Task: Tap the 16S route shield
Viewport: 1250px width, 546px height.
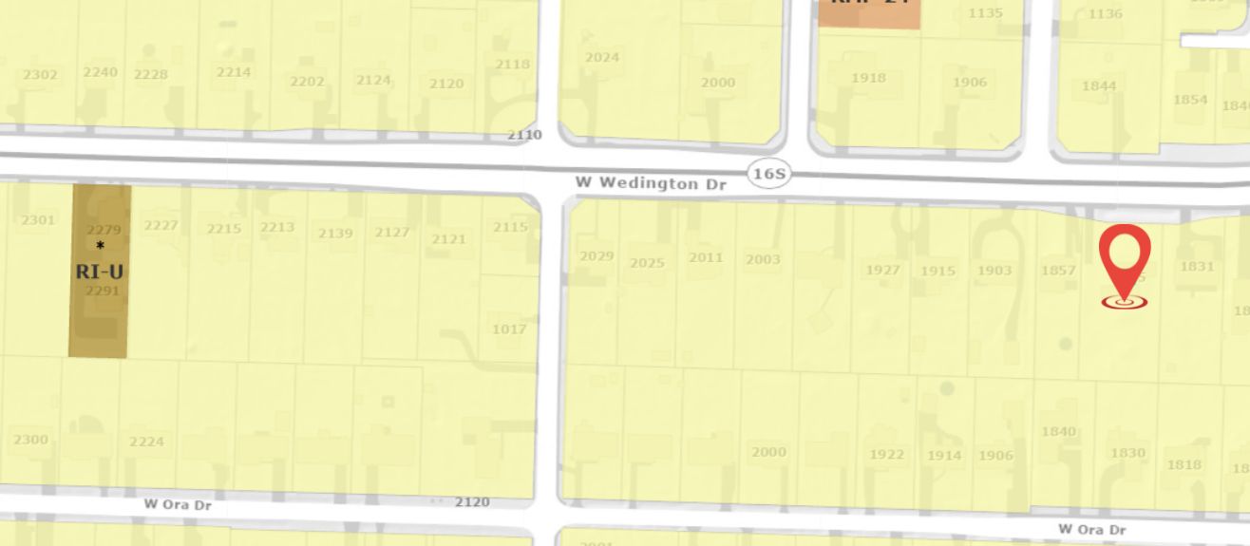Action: [x=768, y=174]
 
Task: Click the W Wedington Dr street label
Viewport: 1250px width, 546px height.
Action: [x=651, y=182]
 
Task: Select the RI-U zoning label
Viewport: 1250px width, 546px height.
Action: [x=99, y=272]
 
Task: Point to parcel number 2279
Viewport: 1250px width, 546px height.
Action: [x=103, y=230]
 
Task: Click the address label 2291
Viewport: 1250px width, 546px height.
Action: [x=103, y=291]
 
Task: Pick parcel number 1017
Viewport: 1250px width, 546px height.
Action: [x=509, y=329]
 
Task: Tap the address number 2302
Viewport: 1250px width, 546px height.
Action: [x=40, y=74]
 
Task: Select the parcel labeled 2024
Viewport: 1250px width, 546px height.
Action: [x=602, y=57]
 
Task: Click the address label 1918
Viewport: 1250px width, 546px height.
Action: [x=868, y=78]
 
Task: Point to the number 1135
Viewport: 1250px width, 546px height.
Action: [x=985, y=13]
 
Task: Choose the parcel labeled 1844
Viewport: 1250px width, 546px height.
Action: [x=1099, y=86]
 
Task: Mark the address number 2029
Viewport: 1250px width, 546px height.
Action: [x=597, y=256]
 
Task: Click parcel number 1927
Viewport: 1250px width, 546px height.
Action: [x=882, y=270]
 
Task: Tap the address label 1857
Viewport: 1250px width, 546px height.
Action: [x=1058, y=271]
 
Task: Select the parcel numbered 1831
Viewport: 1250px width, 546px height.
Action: [x=1197, y=266]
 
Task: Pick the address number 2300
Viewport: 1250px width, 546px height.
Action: [x=30, y=440]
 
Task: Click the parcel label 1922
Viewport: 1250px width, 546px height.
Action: [x=887, y=454]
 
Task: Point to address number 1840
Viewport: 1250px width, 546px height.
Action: [x=1059, y=431]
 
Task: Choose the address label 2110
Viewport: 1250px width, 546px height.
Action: [x=524, y=135]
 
